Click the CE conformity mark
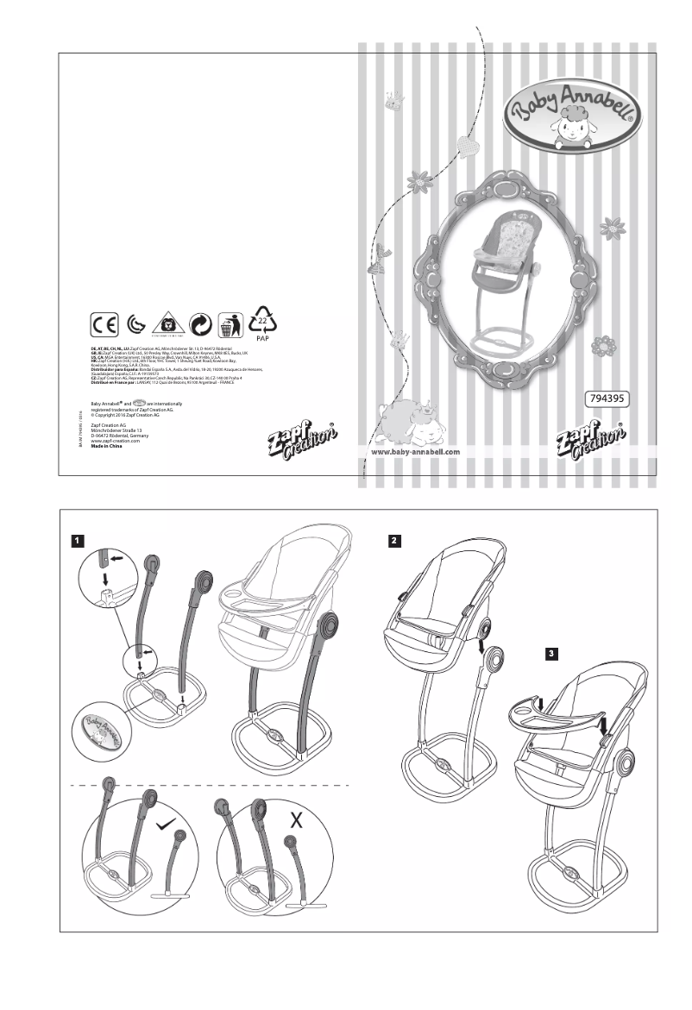(x=105, y=325)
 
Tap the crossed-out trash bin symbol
(x=229, y=326)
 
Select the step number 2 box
(x=393, y=541)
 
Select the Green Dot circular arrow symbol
(x=200, y=326)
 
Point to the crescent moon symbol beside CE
(x=136, y=326)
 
